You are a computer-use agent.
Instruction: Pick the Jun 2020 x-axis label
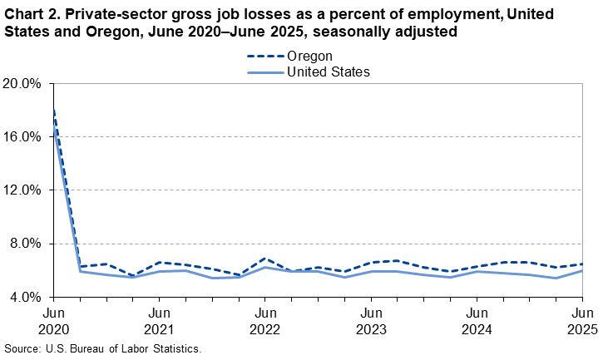(52, 321)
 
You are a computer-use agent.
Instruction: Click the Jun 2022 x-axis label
(264, 321)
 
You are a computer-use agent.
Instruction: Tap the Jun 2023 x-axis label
(370, 321)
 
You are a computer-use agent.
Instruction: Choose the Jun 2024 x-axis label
(476, 321)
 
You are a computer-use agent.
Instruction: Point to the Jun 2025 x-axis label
(581, 321)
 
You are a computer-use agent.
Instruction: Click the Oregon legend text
(309, 56)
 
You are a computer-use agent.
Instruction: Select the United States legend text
(328, 72)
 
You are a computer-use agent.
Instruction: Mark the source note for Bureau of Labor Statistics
(103, 348)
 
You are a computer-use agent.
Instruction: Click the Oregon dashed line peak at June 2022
(264, 259)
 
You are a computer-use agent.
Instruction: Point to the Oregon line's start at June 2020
(53, 111)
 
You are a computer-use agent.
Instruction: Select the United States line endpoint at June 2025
(581, 270)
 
